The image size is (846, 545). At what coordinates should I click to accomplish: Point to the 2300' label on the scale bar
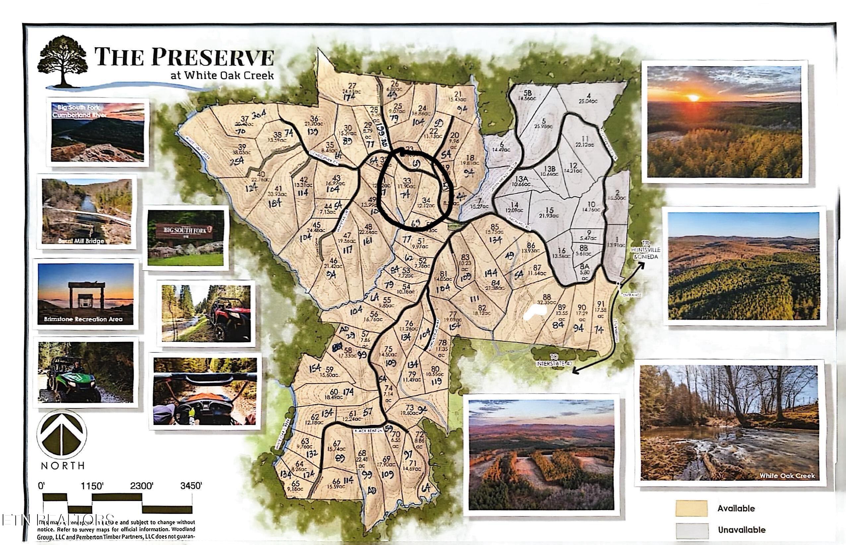coord(141,486)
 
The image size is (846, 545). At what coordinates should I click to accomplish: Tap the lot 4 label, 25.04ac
coord(588,98)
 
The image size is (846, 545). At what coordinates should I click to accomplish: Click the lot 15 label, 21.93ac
coord(549,213)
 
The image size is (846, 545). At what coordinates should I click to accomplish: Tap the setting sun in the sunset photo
coord(693,97)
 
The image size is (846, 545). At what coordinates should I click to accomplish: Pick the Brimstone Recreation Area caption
coord(83,319)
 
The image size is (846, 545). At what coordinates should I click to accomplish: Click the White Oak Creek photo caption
coord(787,476)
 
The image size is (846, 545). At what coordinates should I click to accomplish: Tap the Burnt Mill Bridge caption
coord(86,241)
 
